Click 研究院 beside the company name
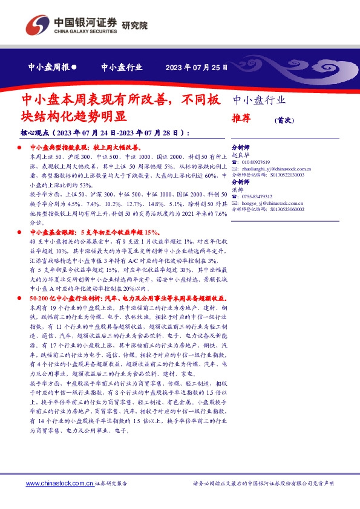pyautogui.click(x=134, y=25)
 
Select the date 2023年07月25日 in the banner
pyautogui.click(x=197, y=68)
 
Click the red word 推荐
pyautogui.click(x=241, y=119)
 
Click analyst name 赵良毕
pyautogui.click(x=240, y=155)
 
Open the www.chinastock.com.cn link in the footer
pyautogui.click(x=59, y=483)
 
